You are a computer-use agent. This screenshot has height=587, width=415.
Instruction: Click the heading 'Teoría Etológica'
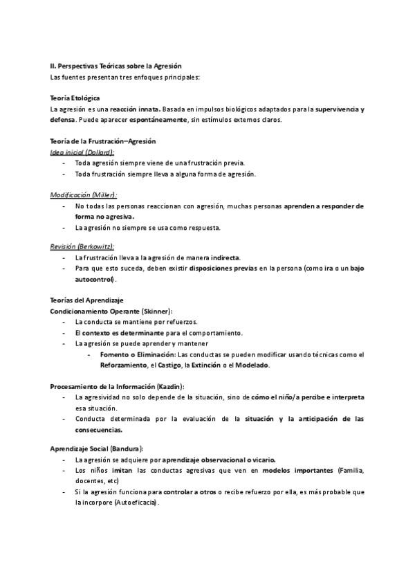[75, 99]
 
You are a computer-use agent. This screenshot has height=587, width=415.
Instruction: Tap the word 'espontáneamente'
[142, 120]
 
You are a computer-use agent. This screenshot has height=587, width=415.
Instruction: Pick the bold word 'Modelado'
[251, 365]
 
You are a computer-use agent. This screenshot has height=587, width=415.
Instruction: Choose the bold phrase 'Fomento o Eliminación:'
[138, 354]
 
